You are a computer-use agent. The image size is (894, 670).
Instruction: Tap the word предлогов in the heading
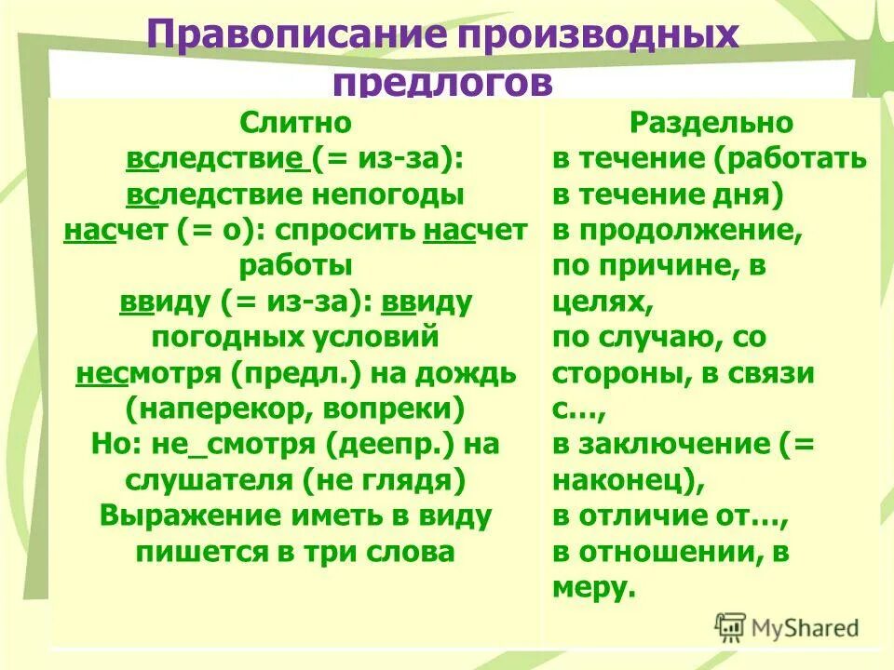pyautogui.click(x=442, y=82)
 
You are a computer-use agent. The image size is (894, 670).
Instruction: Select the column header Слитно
pyautogui.click(x=295, y=123)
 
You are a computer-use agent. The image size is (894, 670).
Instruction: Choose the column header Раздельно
pyautogui.click(x=711, y=123)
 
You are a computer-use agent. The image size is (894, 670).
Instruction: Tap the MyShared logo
pyautogui.click(x=787, y=627)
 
